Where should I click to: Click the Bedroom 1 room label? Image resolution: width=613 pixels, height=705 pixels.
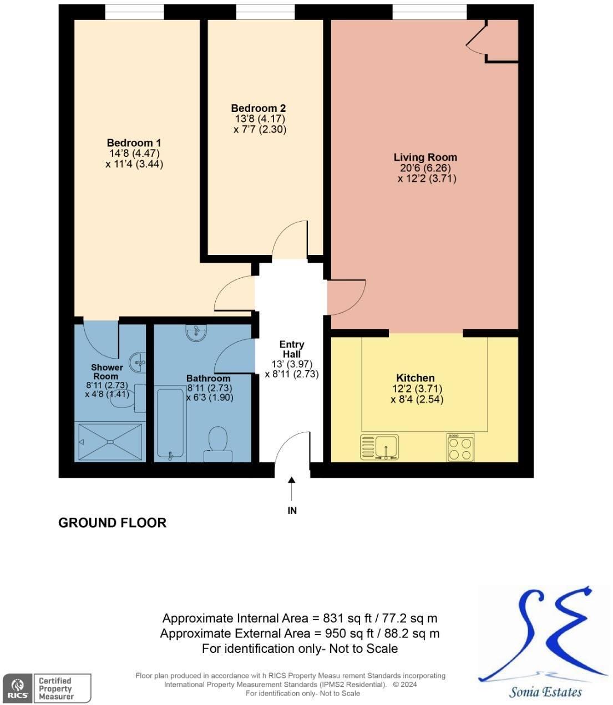pos(134,142)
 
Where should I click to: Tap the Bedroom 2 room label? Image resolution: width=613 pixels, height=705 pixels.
pos(258,108)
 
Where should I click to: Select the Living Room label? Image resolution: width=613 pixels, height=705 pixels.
pos(425,157)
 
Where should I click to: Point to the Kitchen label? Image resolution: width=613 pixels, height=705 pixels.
pos(415,377)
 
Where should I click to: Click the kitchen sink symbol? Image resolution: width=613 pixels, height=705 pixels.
pos(379,447)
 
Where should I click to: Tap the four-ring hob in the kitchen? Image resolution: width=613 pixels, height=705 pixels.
pos(460,447)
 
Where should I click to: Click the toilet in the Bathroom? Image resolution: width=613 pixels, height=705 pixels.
pos(218,444)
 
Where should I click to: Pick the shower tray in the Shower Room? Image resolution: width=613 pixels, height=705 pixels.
pos(110,442)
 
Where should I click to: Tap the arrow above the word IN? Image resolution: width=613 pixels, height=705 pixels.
pos(292,489)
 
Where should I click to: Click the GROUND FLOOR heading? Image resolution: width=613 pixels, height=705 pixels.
pos(113,523)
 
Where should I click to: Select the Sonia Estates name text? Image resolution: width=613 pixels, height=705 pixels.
pos(545,692)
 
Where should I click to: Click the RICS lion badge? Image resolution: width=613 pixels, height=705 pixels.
pos(18,688)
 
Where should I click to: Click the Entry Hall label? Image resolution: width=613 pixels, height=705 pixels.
pos(292,349)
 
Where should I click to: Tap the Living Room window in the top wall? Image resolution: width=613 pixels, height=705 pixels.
pos(429,12)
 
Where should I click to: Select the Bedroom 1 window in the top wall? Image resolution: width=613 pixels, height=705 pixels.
pos(134,12)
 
